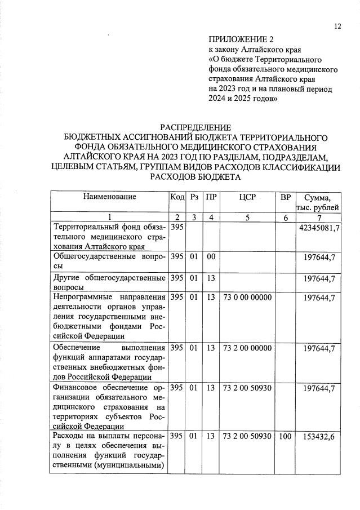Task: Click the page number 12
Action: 337,26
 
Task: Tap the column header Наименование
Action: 110,197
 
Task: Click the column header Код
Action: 177,197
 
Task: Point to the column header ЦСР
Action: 247,197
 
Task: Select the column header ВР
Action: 286,197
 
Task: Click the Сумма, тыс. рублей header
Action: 321,202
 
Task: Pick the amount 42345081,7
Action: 319,228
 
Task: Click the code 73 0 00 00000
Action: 247,297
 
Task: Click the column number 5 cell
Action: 247,218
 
